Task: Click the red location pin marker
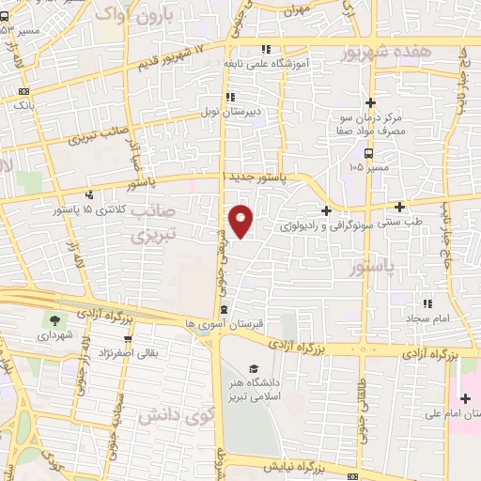pyautogui.click(x=241, y=220)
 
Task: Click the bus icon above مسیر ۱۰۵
pyautogui.click(x=369, y=153)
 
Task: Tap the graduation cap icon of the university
pyautogui.click(x=254, y=368)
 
